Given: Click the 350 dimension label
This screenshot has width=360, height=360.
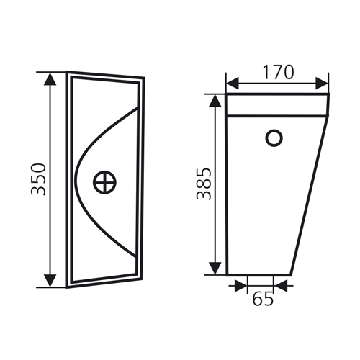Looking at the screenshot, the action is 38,179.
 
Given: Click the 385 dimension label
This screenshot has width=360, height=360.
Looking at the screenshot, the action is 204,184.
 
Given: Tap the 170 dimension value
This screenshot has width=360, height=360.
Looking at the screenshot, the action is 278,72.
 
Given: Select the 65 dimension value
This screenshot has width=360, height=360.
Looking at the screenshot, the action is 264,299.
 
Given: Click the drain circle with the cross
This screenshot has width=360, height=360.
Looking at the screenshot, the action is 104,182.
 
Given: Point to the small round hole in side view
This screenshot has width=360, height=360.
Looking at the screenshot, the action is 274,138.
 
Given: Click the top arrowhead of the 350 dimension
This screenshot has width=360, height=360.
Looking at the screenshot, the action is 50,79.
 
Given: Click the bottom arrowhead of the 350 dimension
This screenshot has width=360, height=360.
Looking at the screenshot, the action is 50,280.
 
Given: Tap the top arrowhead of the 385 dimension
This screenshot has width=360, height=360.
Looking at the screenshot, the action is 215,100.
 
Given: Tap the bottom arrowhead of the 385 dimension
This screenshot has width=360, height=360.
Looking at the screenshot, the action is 215,269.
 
